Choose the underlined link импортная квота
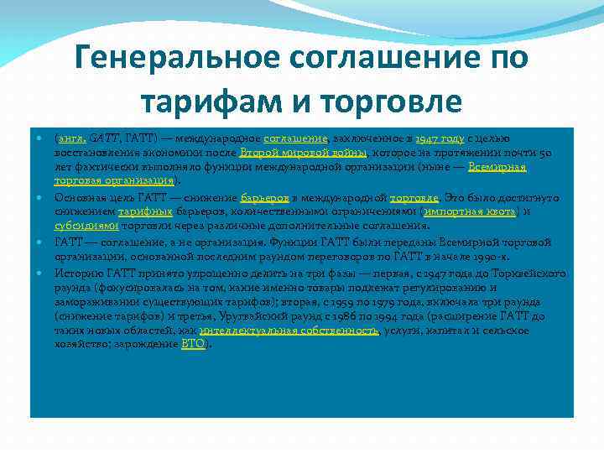[471, 211]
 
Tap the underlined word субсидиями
[86, 226]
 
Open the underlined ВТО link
[192, 344]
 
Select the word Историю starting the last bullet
[77, 273]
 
